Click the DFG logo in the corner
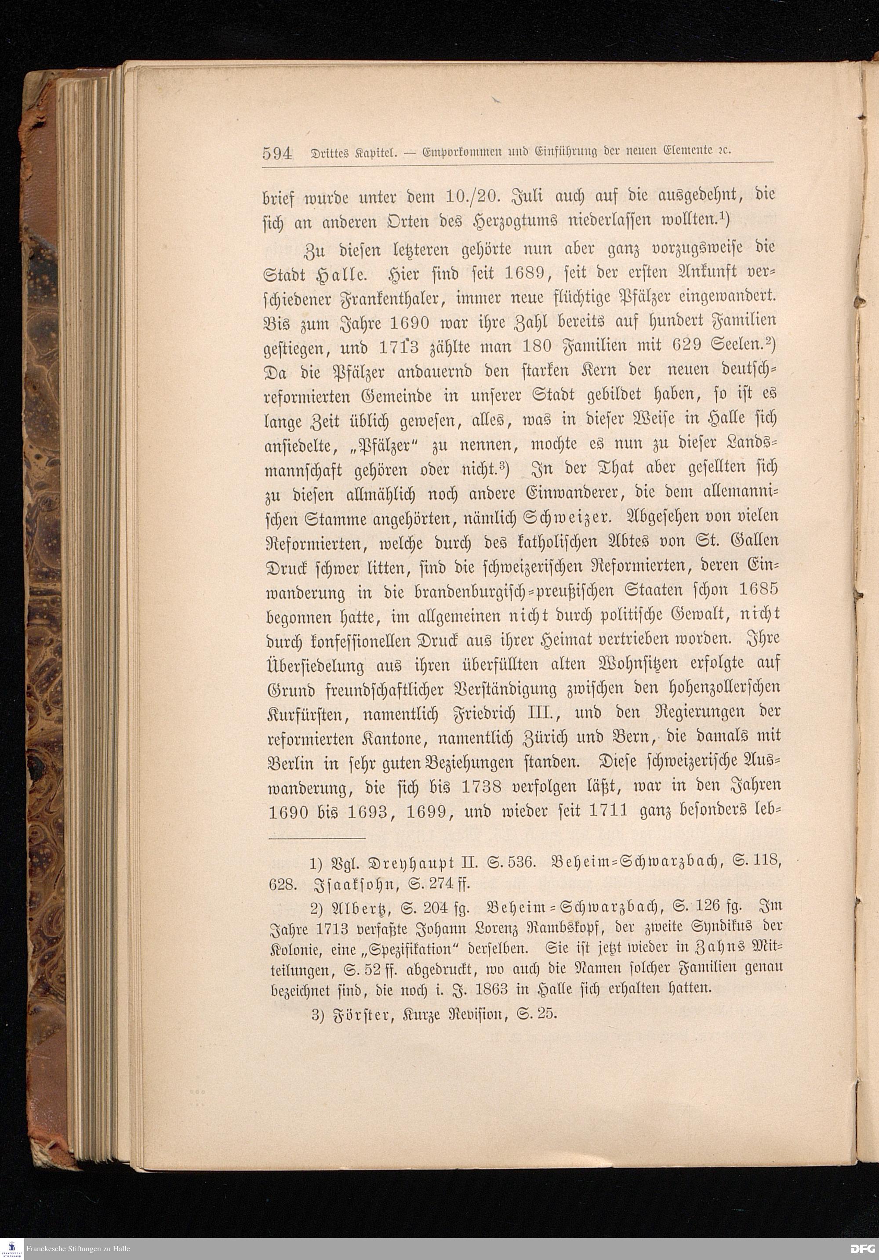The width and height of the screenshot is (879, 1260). point(863,1248)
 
